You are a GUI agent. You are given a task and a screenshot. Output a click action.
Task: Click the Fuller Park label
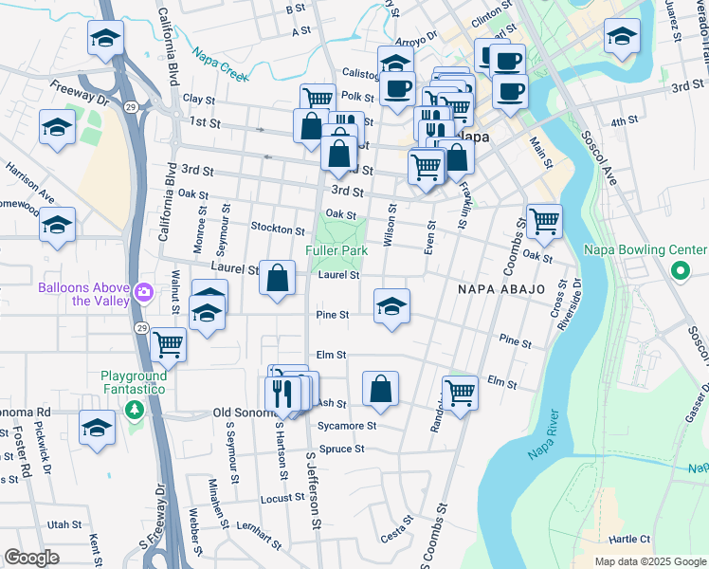tap(336, 250)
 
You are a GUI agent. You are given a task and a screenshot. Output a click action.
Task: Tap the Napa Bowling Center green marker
tap(680, 272)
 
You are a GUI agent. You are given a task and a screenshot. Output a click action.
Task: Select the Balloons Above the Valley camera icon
tap(143, 289)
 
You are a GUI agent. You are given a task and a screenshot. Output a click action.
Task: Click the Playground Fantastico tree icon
tap(135, 409)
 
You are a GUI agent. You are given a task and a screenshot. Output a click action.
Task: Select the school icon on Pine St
tap(391, 306)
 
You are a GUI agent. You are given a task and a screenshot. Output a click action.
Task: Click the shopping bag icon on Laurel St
tap(277, 279)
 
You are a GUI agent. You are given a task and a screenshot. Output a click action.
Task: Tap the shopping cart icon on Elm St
tap(460, 390)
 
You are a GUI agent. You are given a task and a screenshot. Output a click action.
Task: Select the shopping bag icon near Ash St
tap(380, 389)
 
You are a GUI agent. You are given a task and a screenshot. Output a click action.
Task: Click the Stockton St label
tap(278, 229)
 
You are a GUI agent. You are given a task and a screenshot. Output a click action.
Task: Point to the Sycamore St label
tap(347, 426)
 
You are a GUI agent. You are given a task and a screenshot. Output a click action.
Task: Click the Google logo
tap(31, 558)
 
